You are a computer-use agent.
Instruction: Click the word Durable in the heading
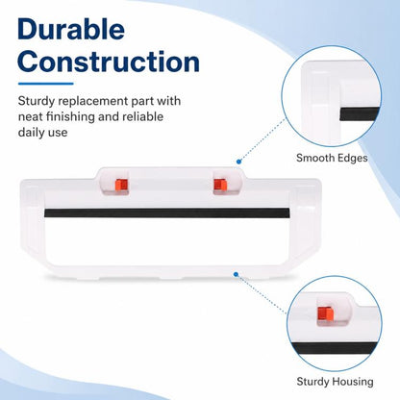(71, 29)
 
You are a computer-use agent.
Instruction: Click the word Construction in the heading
(109, 62)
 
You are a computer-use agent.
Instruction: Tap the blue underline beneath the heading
(46, 84)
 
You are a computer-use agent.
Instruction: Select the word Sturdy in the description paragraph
(37, 101)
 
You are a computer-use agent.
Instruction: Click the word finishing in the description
(70, 116)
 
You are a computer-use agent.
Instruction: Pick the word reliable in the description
(142, 116)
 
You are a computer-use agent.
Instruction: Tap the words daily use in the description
(42, 132)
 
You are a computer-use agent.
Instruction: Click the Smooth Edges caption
(332, 158)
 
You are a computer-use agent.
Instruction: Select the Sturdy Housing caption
(335, 382)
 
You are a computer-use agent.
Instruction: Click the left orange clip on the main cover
(121, 185)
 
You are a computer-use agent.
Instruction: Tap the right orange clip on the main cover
(220, 185)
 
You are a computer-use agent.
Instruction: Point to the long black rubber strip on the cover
(166, 212)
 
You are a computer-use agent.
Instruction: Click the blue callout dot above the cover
(238, 162)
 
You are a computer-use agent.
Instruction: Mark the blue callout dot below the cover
(236, 274)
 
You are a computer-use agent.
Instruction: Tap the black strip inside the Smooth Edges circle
(360, 114)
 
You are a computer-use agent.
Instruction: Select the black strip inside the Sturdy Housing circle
(336, 348)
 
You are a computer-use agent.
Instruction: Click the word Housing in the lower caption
(353, 382)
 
